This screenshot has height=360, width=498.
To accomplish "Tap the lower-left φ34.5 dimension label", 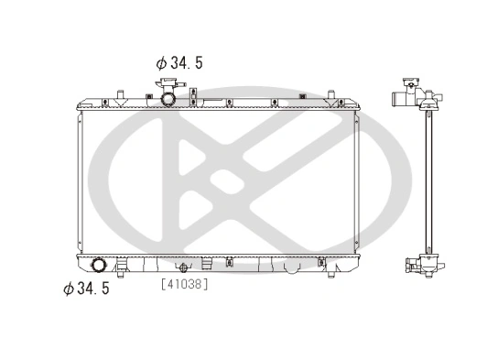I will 86,289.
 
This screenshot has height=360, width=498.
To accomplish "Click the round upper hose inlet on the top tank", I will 169,97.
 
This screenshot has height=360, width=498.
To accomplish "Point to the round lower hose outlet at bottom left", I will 100,267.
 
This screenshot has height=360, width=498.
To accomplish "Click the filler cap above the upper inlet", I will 169,84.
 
